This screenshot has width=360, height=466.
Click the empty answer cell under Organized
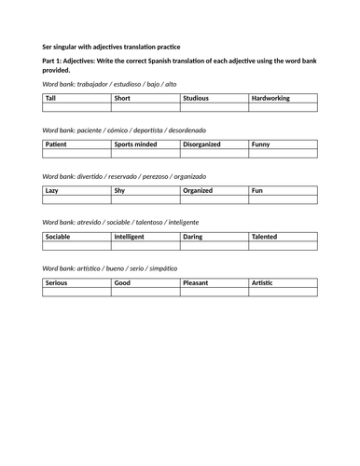point(214,199)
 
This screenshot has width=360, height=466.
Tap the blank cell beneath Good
point(145,292)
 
